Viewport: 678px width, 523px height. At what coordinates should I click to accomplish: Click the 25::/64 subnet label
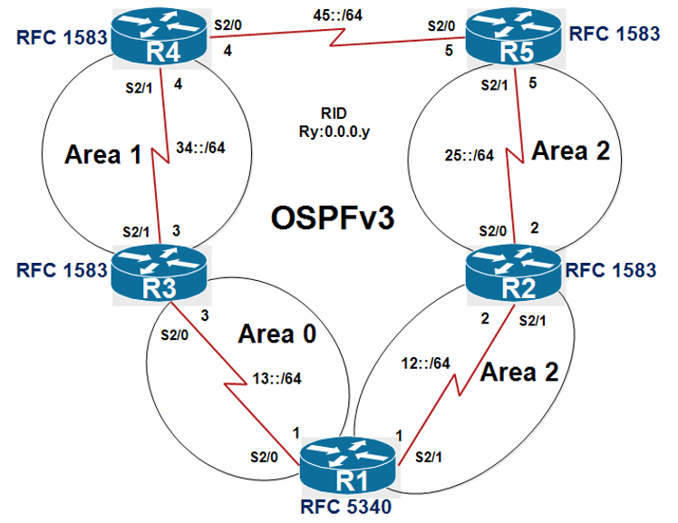[470, 155]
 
